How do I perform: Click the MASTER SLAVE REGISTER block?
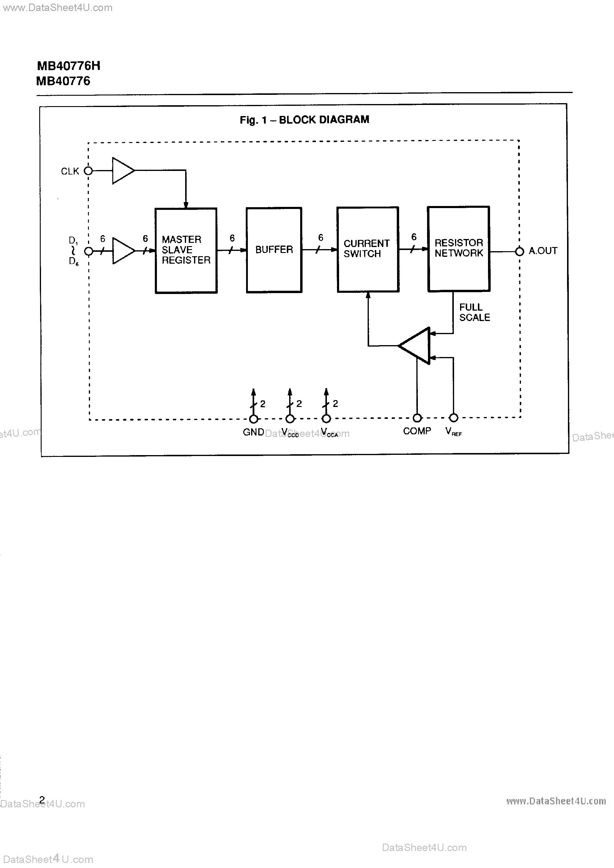tap(186, 250)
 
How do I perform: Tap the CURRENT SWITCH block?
tap(368, 249)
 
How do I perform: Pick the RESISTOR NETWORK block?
tap(458, 249)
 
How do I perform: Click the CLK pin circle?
tap(88, 171)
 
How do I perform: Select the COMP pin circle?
tap(417, 418)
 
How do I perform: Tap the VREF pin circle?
tap(453, 418)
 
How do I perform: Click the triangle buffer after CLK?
tap(122, 171)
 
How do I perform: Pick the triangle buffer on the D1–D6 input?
tap(122, 251)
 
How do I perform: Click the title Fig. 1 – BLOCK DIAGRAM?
tap(304, 120)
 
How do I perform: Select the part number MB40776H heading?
tap(68, 66)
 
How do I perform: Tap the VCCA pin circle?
tap(326, 419)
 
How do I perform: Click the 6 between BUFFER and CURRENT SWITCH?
tap(321, 238)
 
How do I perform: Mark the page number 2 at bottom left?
tap(42, 800)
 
